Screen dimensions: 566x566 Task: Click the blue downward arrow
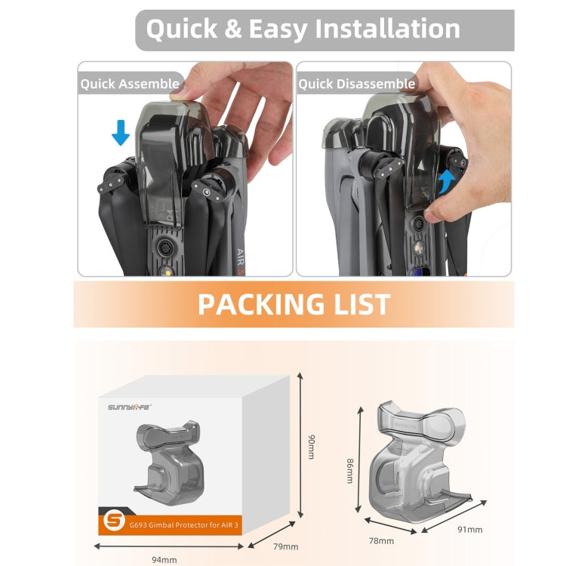121,133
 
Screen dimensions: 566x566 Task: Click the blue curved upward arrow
446,182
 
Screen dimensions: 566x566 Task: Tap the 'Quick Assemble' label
130,84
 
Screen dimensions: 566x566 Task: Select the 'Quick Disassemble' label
357,84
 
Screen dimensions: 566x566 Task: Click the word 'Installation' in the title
388,29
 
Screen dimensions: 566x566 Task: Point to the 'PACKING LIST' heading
294,304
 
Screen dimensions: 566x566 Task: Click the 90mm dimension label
311,447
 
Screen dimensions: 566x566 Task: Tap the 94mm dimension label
165,559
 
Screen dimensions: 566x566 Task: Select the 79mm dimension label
285,546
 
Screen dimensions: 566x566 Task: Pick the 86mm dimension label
349,471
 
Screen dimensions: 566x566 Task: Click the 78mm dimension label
381,541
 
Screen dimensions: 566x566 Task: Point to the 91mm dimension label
470,529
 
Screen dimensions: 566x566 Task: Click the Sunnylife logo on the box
130,407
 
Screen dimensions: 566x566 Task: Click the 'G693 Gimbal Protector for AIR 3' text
183,524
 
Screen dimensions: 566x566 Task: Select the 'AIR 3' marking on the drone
241,262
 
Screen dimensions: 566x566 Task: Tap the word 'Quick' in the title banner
182,29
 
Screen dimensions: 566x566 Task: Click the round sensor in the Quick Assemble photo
165,248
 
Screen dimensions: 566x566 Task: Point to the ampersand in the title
233,29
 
